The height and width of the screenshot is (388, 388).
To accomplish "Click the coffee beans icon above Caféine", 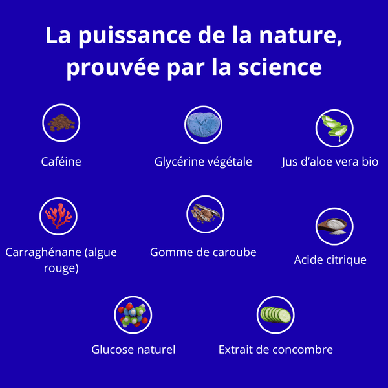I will pyautogui.click(x=61, y=123).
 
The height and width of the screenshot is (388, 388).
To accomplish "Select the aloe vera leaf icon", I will pyautogui.click(x=334, y=127).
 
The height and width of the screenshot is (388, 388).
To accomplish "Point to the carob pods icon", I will pyautogui.click(x=205, y=214).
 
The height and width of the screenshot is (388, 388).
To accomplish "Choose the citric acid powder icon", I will pyautogui.click(x=334, y=226).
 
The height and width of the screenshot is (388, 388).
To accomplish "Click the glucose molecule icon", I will pyautogui.click(x=133, y=315).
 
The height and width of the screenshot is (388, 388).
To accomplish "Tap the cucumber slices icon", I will pyautogui.click(x=275, y=315).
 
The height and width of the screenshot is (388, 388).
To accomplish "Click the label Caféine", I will pyautogui.click(x=61, y=161).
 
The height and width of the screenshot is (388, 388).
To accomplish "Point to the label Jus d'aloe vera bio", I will pyautogui.click(x=330, y=161).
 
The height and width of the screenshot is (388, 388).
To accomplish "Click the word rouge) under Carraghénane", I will pyautogui.click(x=61, y=267).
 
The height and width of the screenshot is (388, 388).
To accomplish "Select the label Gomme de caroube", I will pyautogui.click(x=203, y=252).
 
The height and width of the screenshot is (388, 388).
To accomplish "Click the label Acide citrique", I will pyautogui.click(x=330, y=260).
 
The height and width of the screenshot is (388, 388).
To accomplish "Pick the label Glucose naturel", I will pyautogui.click(x=133, y=350).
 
